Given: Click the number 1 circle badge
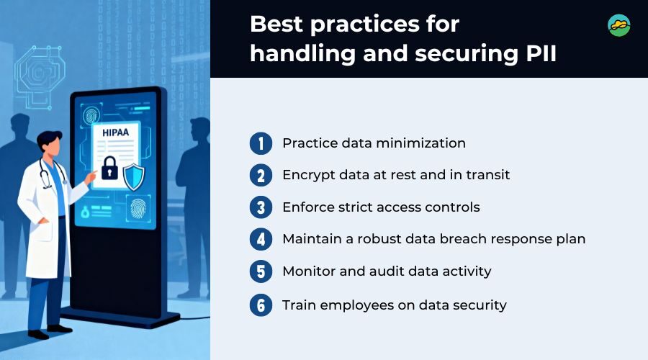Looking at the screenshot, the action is coord(261,143).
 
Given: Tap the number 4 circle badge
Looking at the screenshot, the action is coord(261,239).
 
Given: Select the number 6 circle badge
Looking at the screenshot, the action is coord(261,305).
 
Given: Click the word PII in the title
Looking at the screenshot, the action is coord(541,54).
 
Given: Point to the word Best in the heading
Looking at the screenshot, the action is coord(276,24).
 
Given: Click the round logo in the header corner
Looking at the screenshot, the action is coord(619,26).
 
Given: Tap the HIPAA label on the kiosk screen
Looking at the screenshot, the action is coord(115,132).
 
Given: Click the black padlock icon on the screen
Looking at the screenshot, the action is coord(109,168).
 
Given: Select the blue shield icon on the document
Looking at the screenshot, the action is coord(134,177).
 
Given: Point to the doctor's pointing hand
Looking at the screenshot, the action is coord(91,177).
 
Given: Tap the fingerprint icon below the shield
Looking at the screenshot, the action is coord(138,208).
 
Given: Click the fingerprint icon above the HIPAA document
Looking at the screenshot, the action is coord(91,115).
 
